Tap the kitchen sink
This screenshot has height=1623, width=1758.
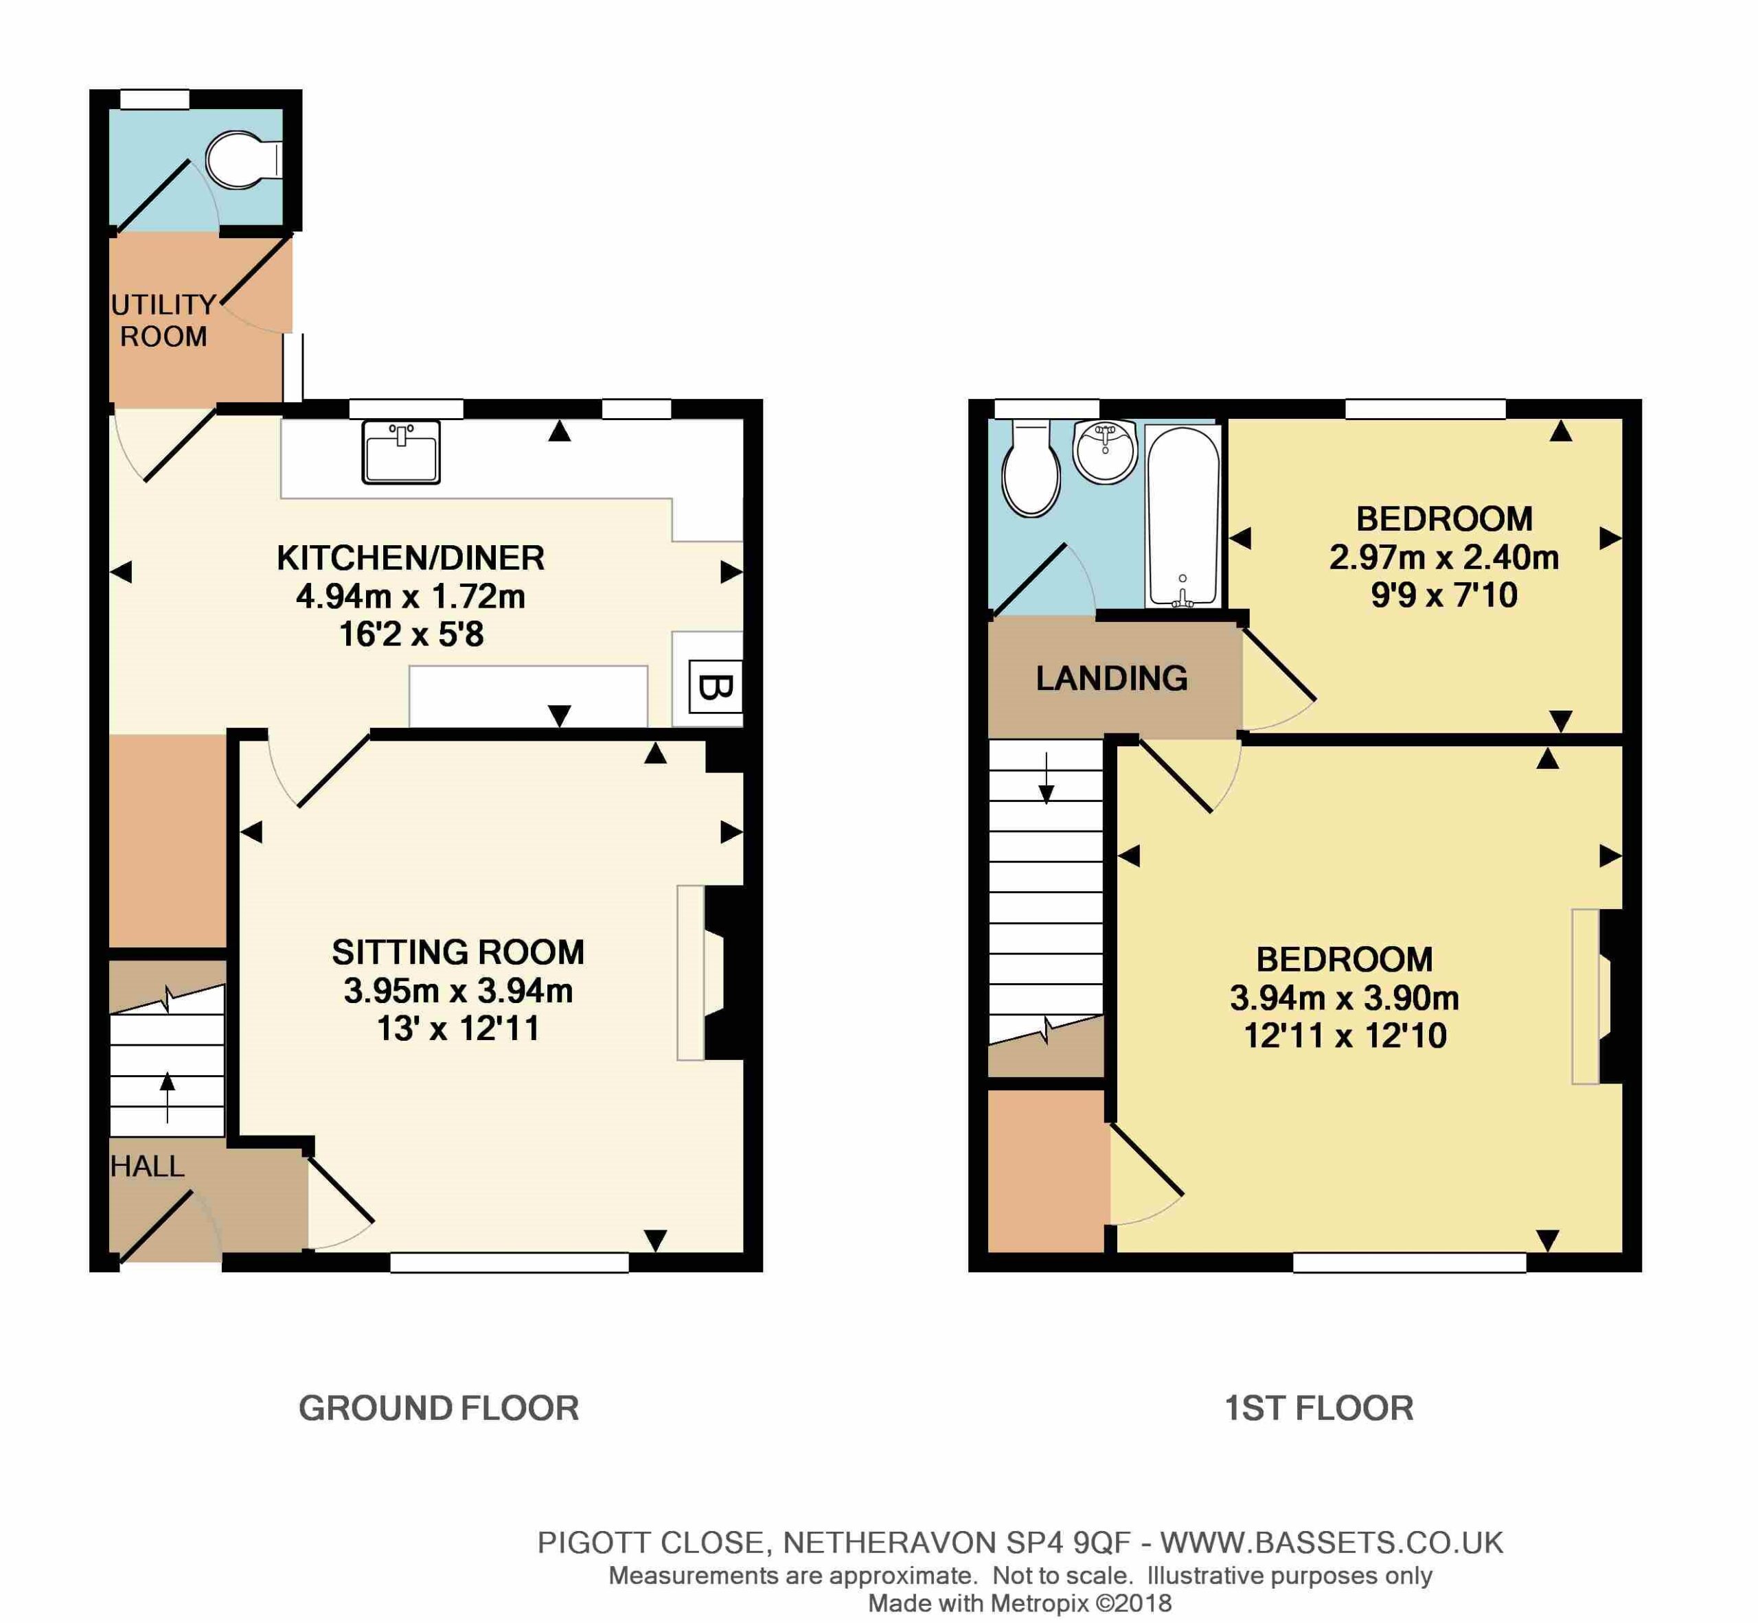400,452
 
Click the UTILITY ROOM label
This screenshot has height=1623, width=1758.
163,321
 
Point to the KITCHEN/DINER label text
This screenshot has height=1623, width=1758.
410,557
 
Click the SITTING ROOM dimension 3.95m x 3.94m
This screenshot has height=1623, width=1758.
458,991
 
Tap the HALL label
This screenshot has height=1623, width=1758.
147,1166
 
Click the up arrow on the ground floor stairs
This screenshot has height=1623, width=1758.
167,1097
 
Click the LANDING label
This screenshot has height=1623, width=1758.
1111,678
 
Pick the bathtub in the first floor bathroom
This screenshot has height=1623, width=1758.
1183,516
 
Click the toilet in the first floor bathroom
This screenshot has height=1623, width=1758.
1031,468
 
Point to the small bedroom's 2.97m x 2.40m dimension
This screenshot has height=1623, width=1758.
1443,557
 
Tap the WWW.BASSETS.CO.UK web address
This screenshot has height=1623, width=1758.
1332,1542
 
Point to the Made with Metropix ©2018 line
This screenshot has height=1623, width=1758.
1020,1603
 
